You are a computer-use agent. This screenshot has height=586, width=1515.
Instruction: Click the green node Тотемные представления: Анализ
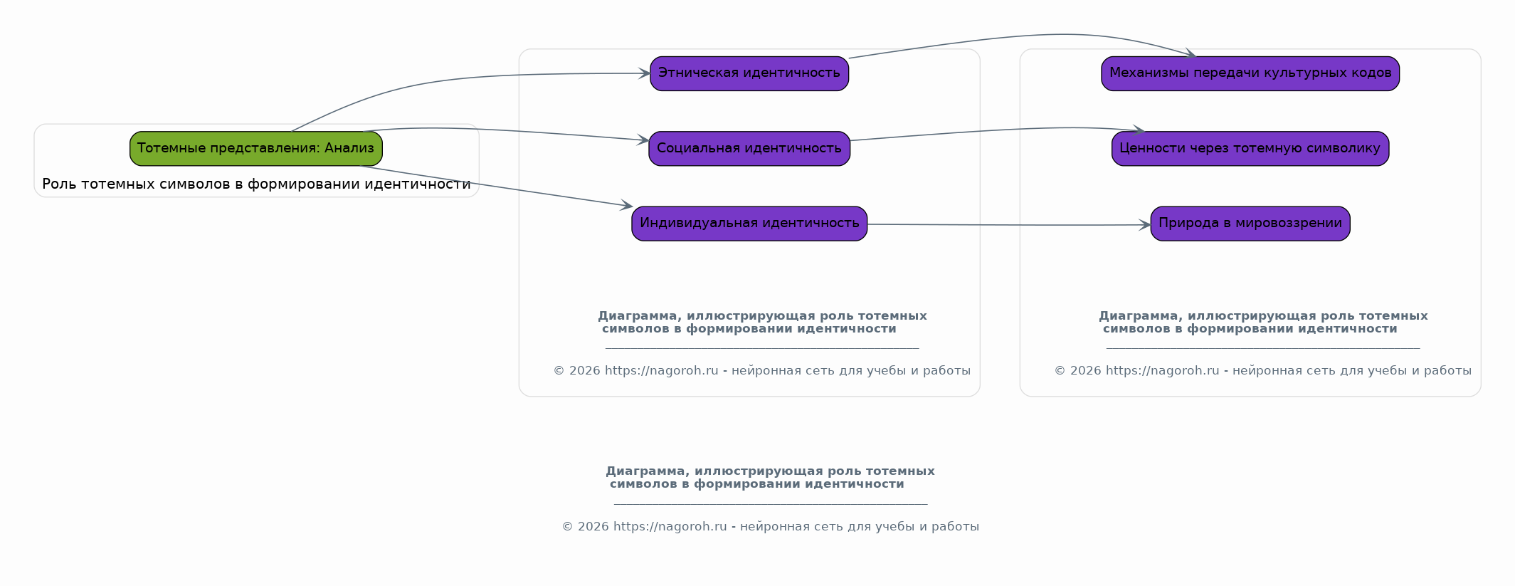256,149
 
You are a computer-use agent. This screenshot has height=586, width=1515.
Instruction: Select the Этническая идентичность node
749,73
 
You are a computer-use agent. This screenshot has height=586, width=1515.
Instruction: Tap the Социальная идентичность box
749,149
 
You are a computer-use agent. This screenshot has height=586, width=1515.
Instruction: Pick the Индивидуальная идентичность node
749,224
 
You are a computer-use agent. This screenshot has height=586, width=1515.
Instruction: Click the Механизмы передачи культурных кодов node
1250,73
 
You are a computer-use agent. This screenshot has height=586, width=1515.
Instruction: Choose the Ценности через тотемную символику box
1250,149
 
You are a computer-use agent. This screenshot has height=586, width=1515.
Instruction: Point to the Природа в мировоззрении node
1250,224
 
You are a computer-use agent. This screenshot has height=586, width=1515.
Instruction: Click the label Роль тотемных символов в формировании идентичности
256,184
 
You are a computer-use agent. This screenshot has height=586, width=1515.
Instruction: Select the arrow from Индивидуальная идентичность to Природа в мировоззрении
1009,225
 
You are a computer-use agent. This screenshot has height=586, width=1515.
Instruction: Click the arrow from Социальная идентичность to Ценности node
996,130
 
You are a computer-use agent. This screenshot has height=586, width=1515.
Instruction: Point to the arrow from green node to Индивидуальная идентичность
498,187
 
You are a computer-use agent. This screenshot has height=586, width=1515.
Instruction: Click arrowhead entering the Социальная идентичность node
643,140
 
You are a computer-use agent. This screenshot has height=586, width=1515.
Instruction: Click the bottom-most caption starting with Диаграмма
770,478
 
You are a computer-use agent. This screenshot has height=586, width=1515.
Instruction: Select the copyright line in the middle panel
762,371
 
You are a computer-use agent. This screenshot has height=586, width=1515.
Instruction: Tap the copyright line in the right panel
1263,371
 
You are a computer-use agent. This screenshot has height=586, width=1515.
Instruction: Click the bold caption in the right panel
1263,323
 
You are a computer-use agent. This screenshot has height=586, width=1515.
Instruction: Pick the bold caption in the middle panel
762,323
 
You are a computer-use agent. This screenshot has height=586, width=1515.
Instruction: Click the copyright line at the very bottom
771,527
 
